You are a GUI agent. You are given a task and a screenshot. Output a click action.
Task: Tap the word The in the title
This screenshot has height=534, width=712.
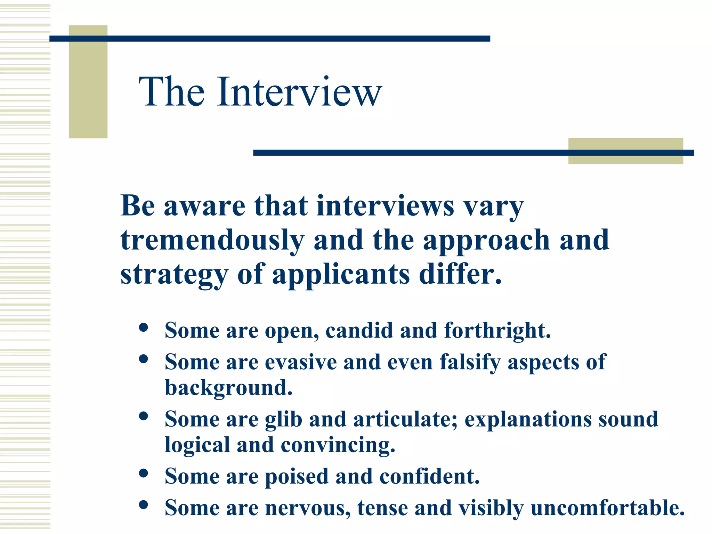pyautogui.click(x=172, y=92)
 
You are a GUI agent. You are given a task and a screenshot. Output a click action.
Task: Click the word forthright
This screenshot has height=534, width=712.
pyautogui.click(x=497, y=330)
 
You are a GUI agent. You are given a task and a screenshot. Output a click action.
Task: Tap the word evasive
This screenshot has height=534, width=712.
pyautogui.click(x=301, y=362)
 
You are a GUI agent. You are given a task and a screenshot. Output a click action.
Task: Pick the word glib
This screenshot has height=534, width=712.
pyautogui.click(x=283, y=419)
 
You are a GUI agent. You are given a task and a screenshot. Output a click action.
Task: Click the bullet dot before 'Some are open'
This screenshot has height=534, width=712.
pyautogui.click(x=143, y=327)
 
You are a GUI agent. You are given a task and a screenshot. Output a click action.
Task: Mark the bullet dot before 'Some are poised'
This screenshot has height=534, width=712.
pyautogui.click(x=143, y=474)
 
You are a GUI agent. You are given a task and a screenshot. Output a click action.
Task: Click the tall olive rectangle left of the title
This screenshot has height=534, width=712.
pyautogui.click(x=88, y=82)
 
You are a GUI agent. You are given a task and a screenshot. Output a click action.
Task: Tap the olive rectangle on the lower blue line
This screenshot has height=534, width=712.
pyautogui.click(x=625, y=151)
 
